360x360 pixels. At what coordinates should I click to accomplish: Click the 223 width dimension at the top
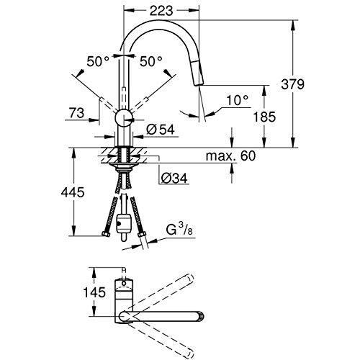point(161,11)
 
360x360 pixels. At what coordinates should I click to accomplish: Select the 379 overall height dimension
point(292,84)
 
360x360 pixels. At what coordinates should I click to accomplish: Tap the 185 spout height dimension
point(265,117)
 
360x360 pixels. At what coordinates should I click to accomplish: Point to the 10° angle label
point(237,100)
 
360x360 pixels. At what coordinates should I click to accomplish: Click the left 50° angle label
point(98,61)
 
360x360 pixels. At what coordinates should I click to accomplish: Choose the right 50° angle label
point(151,61)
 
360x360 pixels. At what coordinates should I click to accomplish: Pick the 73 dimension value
point(77,112)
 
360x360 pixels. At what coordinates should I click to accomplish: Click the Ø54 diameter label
point(161,130)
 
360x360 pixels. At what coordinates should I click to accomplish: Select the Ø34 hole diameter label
point(174,179)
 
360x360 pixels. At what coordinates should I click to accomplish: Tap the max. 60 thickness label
point(231,156)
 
